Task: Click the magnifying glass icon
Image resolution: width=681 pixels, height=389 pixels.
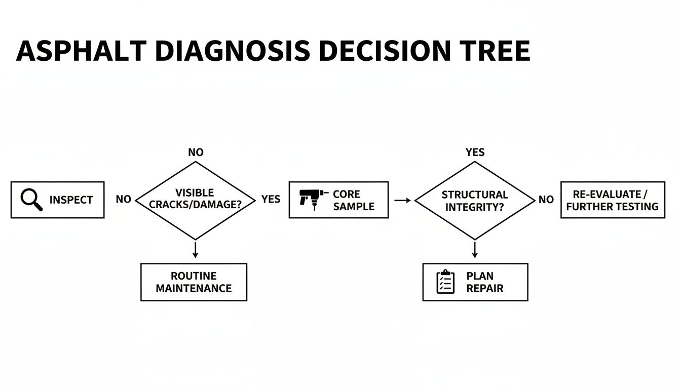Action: [31, 200]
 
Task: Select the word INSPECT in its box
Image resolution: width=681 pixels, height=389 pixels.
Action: [71, 200]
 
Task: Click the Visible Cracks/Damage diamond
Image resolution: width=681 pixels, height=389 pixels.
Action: [195, 200]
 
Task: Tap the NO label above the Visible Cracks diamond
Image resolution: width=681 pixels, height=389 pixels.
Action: [196, 152]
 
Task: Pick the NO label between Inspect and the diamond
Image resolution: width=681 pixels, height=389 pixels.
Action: [123, 200]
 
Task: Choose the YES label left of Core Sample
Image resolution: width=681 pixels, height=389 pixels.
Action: [271, 200]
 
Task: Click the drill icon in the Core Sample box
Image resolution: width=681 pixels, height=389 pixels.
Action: [310, 199]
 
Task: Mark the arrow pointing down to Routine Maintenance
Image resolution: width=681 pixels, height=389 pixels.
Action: [196, 250]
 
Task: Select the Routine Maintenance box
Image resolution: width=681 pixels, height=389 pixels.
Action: [194, 282]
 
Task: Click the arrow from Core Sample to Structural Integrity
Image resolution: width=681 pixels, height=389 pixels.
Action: [402, 201]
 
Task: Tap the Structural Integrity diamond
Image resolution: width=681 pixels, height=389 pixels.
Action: [475, 201]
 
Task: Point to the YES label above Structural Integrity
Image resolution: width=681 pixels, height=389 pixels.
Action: [475, 152]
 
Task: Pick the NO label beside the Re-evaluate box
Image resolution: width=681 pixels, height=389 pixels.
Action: [546, 200]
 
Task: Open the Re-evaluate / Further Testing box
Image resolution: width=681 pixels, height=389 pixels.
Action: [613, 200]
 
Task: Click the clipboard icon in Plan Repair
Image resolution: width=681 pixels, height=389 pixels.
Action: [445, 282]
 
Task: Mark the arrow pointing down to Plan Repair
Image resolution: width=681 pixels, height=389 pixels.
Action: [475, 250]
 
